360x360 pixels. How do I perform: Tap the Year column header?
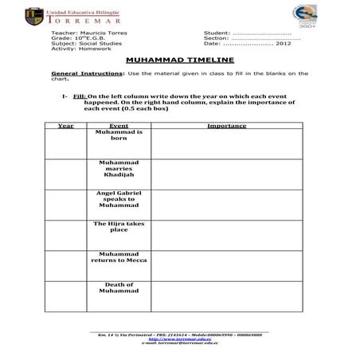click(65, 126)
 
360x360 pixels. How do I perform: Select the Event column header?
click(119, 126)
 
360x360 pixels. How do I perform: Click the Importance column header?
click(225, 126)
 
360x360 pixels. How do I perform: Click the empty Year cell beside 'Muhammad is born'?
click(65, 143)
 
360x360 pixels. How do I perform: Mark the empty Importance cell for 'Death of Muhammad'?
click(225, 295)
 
